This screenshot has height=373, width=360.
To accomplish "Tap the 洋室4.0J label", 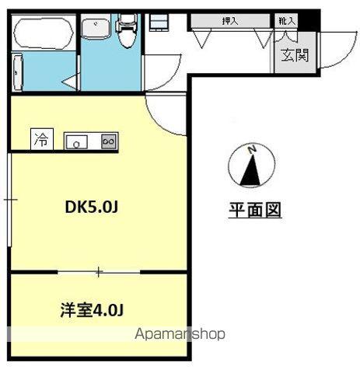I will coord(92,310).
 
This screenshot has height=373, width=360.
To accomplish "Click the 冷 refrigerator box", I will coord(40,141).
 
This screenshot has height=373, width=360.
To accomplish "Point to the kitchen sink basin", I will coord(77,141).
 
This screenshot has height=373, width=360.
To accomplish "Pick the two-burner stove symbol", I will coord(109,141).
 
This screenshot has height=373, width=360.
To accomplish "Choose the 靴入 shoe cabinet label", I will coord(284,21).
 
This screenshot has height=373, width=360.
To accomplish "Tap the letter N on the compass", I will coord(250,149).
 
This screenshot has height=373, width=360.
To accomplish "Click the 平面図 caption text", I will coord(253,210).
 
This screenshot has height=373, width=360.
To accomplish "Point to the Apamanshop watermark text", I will coord(180,334).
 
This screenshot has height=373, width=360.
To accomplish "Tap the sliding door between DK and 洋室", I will coord(99,272).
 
